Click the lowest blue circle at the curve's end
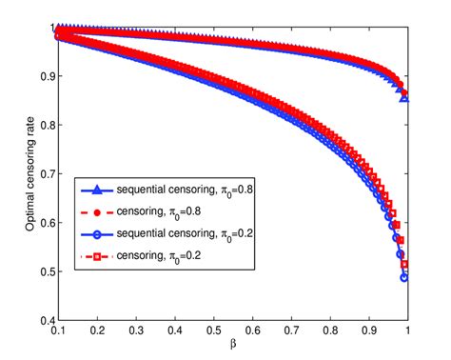click(404, 278)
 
